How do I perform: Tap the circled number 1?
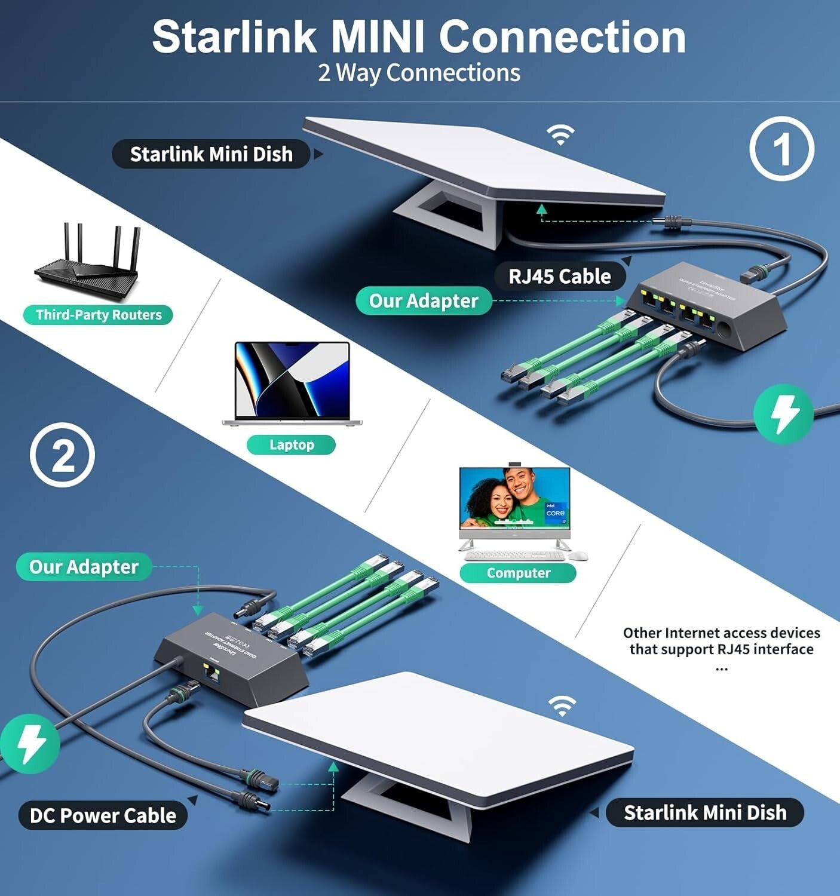coord(781,149)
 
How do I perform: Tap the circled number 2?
coord(62,455)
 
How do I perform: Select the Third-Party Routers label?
coord(98,315)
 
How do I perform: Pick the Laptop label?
coord(291,444)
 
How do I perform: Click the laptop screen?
coord(292,380)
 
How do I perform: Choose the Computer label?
coord(517,573)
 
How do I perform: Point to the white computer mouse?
coord(578,556)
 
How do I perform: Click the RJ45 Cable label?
coord(559,277)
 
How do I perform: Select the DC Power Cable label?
coord(103,815)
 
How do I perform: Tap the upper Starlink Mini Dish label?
coord(211,154)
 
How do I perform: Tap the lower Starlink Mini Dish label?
coord(705,812)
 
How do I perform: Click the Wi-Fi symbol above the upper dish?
coord(560,136)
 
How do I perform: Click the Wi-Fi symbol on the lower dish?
coord(562,706)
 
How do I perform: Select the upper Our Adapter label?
coord(423,300)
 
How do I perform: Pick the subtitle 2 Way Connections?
coord(419,73)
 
